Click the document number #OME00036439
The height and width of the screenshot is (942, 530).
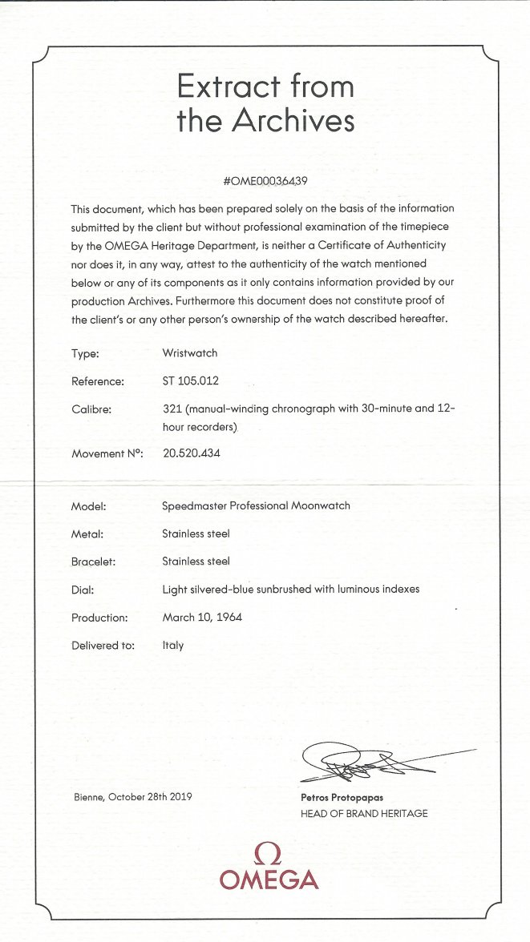point(265,180)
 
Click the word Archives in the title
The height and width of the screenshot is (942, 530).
point(293,121)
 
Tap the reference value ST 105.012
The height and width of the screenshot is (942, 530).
point(190,380)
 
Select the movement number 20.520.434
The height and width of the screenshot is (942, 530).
point(192,453)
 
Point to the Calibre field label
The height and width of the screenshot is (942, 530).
point(92,409)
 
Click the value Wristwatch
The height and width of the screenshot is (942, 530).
point(189,352)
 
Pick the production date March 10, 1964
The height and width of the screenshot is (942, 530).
point(202,618)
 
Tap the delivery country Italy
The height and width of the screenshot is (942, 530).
point(173,645)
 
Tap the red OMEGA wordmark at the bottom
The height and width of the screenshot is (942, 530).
point(269,880)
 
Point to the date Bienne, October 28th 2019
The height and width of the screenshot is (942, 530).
point(131,797)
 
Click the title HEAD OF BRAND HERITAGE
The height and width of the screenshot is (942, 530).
point(364,813)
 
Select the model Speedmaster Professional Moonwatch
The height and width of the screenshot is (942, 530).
point(256,506)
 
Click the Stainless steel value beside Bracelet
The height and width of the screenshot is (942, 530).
point(196,562)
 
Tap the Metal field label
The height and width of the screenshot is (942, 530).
point(87,534)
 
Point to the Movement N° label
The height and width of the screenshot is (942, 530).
point(106,454)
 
